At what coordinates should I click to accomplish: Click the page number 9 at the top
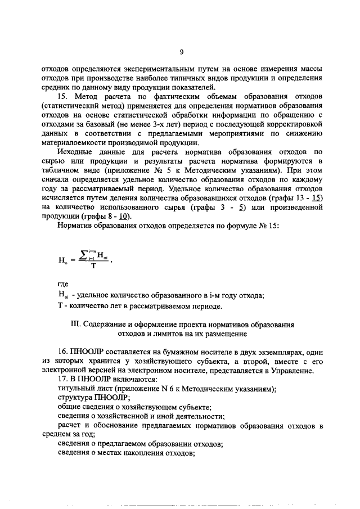click(x=182, y=52)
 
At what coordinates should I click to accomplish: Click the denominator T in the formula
click(x=93, y=267)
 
